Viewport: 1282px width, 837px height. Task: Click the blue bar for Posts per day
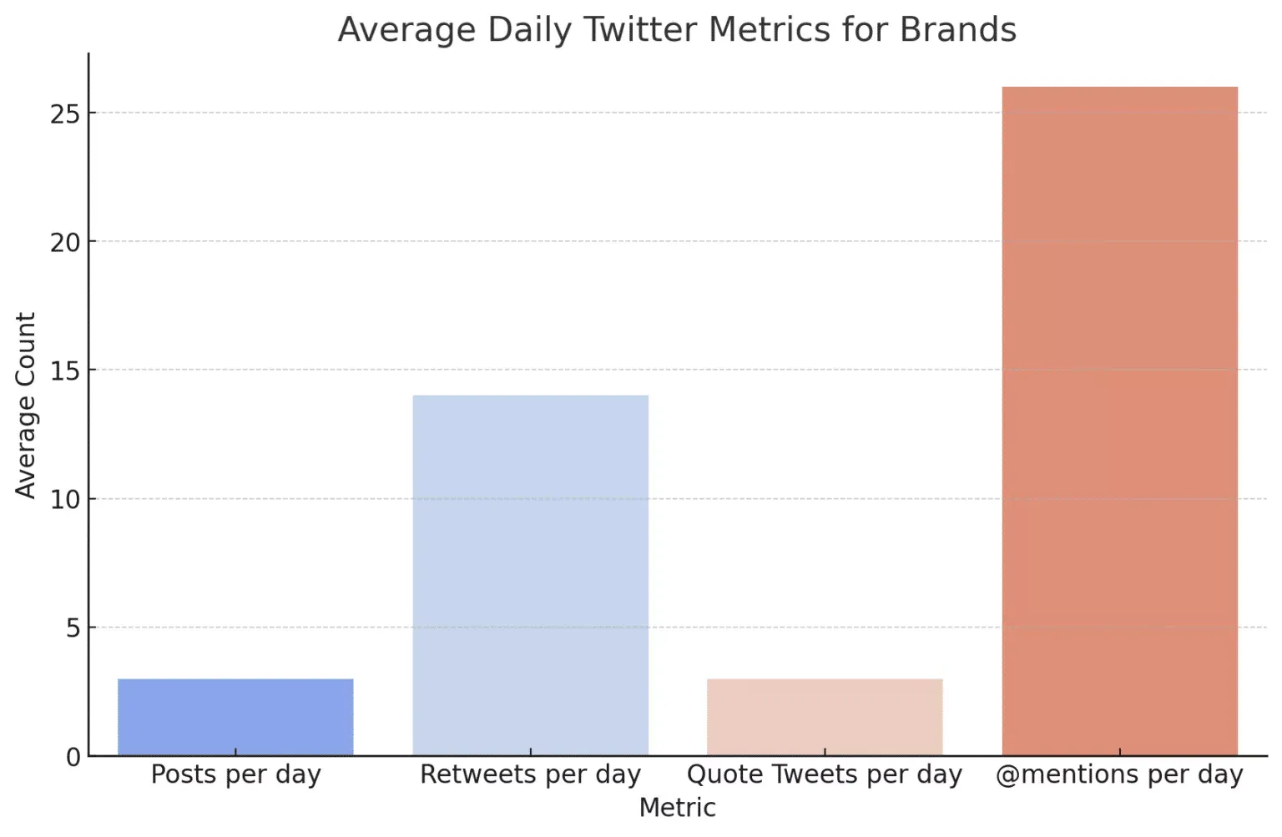(x=235, y=717)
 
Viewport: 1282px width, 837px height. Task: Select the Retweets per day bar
(x=530, y=575)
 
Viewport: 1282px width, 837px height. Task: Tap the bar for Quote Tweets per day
(x=825, y=717)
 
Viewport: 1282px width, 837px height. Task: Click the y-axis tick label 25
(x=64, y=113)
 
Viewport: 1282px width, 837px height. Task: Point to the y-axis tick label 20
(x=64, y=242)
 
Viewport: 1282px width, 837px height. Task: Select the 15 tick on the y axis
(x=64, y=371)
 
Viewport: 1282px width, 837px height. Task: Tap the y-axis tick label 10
(x=64, y=500)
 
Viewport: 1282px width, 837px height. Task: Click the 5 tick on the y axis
(x=73, y=628)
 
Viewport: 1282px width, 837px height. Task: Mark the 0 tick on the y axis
(x=73, y=757)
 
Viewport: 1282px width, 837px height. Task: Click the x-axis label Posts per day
(x=235, y=774)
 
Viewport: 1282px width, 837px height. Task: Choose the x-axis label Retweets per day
(x=530, y=774)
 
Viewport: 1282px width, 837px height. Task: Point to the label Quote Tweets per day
(x=825, y=774)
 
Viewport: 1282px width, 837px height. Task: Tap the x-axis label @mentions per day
(x=1119, y=774)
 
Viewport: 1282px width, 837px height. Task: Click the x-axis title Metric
(x=677, y=808)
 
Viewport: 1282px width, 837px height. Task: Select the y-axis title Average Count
(x=25, y=406)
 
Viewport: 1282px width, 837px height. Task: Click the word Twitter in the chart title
(x=640, y=30)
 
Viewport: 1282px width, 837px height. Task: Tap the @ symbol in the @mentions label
(x=1007, y=774)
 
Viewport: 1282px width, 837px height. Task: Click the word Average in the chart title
(x=407, y=30)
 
